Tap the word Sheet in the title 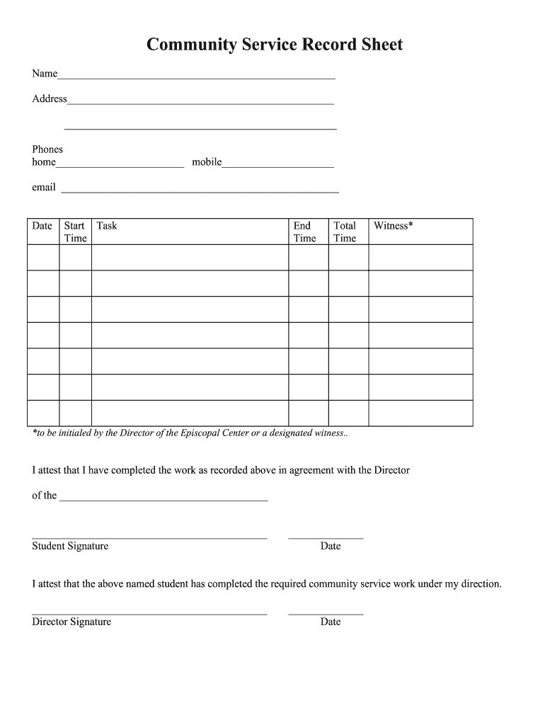click(380, 45)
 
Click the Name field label click(45, 74)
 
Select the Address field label click(50, 99)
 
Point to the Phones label click(47, 149)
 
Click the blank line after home click(120, 165)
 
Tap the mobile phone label click(207, 163)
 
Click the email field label click(44, 188)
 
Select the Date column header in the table click(42, 226)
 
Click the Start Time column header click(75, 232)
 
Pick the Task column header click(107, 226)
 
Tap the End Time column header click(304, 232)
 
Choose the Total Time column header click(345, 232)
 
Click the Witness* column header click(394, 226)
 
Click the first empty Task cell click(190, 257)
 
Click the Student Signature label click(70, 546)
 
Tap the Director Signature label click(71, 622)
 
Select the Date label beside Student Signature click(331, 546)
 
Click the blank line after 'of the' click(163, 498)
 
